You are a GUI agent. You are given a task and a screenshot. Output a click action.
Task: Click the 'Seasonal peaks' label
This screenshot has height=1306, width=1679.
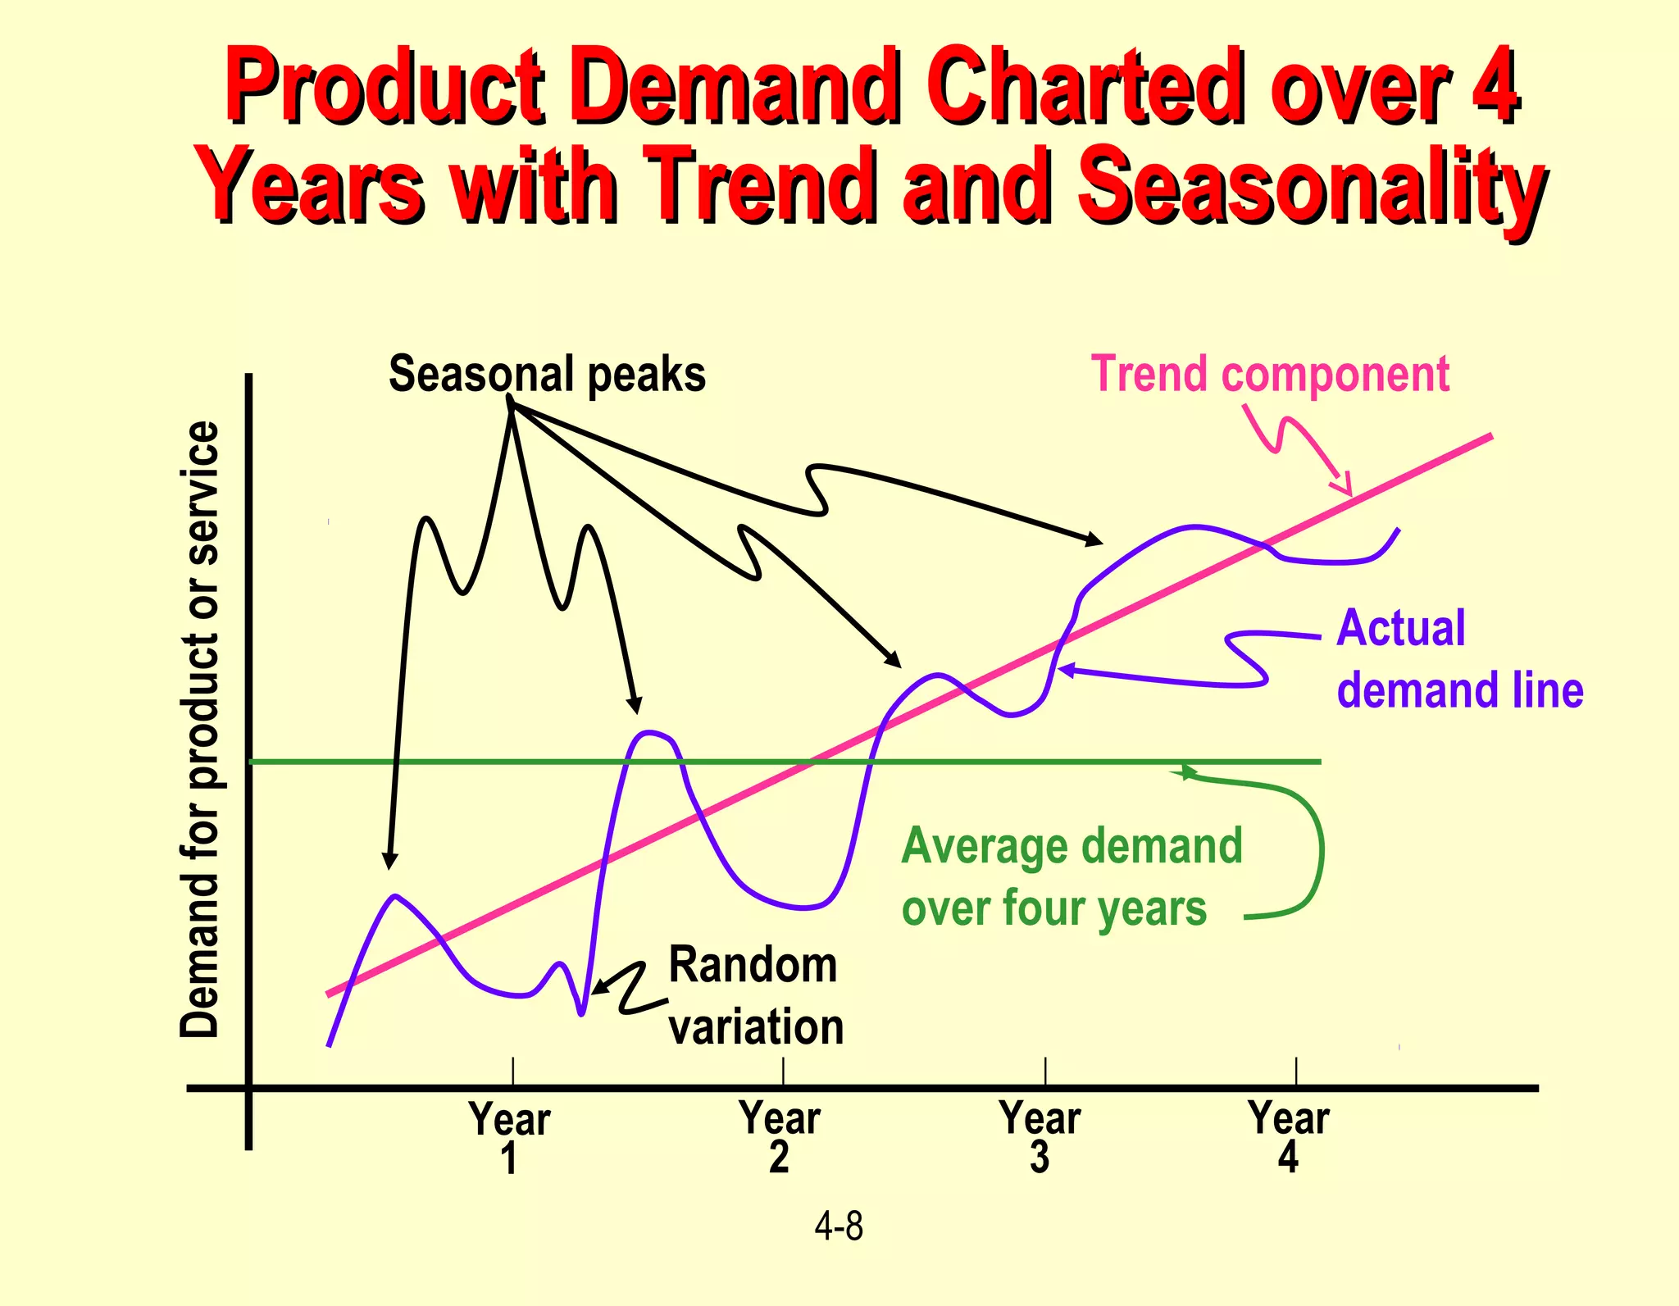pos(547,375)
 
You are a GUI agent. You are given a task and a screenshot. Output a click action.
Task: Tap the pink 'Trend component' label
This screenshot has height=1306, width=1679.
pos(1269,375)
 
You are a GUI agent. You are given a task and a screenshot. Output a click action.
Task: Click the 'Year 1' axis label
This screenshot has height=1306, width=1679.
pos(509,1137)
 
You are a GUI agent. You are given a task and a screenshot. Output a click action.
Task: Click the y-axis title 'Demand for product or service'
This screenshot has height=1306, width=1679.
pos(201,730)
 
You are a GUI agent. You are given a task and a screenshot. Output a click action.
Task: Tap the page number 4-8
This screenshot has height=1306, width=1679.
pos(839,1227)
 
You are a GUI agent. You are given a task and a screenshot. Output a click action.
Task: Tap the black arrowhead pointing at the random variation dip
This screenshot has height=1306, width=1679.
pos(598,988)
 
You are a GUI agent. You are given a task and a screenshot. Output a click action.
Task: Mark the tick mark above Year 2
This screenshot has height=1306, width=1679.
pos(783,1072)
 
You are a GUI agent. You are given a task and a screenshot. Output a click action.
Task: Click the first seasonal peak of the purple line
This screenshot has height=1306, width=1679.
pos(396,896)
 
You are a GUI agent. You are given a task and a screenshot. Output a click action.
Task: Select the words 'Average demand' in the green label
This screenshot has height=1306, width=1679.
pos(1072,846)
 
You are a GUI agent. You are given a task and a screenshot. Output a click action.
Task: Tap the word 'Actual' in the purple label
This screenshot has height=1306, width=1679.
pos(1400,629)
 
